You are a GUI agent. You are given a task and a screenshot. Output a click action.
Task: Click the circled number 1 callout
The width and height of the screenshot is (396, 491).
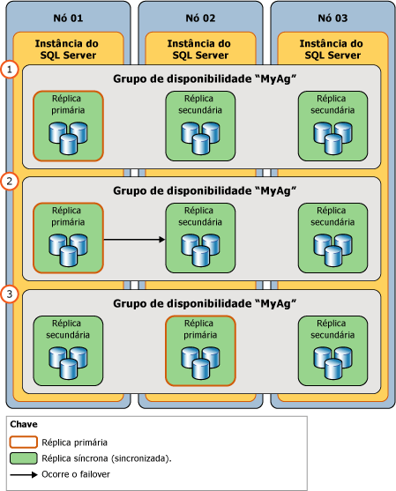(11, 69)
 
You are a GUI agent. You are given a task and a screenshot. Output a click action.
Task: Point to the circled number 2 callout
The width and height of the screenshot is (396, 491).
(11, 182)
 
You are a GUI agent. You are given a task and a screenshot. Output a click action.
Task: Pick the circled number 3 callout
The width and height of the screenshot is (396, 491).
(11, 294)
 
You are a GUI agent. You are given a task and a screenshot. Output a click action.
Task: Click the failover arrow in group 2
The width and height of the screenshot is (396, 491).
(135, 239)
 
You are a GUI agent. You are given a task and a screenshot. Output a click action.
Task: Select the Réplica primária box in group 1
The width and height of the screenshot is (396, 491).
(68, 125)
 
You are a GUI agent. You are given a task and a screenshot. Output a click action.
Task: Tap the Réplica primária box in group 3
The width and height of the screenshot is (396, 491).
(200, 350)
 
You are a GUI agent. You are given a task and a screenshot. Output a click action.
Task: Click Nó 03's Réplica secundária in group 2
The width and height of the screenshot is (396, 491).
(332, 237)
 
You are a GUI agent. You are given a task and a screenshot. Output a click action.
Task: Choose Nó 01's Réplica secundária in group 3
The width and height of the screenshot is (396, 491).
(68, 350)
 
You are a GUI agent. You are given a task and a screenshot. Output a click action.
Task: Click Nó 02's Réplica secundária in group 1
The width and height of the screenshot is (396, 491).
(200, 125)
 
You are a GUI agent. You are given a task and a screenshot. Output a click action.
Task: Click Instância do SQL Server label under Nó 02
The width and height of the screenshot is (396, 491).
(200, 49)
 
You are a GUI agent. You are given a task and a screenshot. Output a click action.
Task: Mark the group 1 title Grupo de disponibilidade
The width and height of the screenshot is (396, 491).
(204, 78)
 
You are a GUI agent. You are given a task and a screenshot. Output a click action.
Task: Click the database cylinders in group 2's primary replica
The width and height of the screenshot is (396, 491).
(68, 249)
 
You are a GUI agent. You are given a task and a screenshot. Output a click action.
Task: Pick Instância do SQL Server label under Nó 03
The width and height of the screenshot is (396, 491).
(332, 49)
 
